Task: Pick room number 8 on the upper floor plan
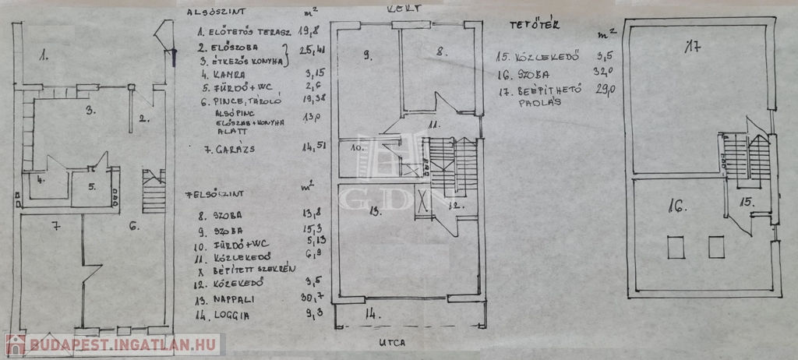(x=441, y=53)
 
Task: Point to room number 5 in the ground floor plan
(x=92, y=186)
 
